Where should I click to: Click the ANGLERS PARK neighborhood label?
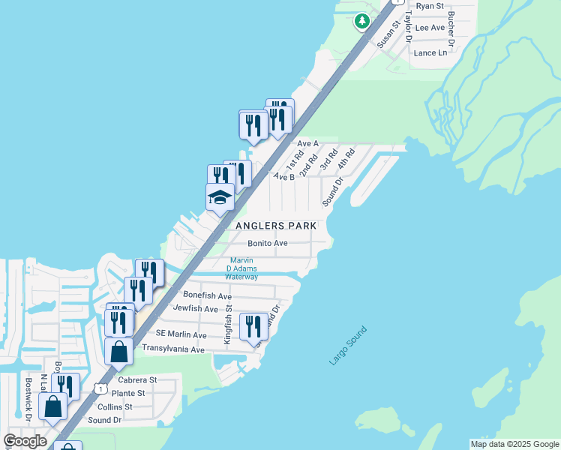click(x=276, y=226)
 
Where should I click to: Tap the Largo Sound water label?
click(x=348, y=346)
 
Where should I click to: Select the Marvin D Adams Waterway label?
click(x=244, y=268)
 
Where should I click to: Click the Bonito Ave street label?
click(x=268, y=243)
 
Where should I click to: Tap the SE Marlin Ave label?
click(x=181, y=334)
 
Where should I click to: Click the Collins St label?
click(x=115, y=406)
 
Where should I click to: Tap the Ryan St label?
click(x=430, y=6)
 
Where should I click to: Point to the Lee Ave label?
click(x=430, y=28)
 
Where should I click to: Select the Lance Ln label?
click(x=430, y=52)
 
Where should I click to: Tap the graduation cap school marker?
click(x=220, y=197)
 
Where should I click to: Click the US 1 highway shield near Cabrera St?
click(x=100, y=388)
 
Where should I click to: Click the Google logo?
click(x=25, y=441)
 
